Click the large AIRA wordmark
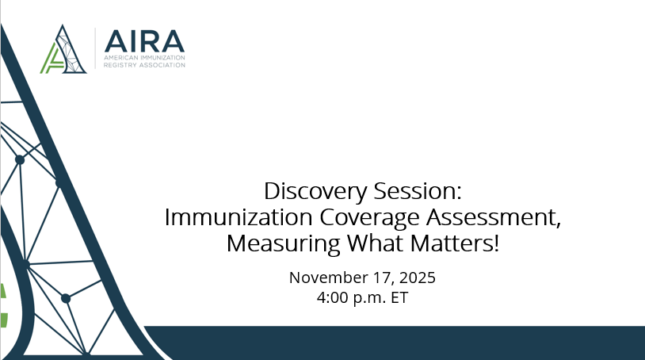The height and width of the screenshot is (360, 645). point(144,40)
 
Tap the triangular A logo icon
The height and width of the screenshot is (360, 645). point(65,50)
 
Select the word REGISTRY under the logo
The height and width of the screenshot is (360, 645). point(121,65)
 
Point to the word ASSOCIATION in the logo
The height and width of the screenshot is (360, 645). point(163,65)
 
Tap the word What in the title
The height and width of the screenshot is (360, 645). point(361,243)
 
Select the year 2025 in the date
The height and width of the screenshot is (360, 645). point(417,278)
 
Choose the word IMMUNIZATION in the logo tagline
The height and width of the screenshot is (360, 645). point(163,58)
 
